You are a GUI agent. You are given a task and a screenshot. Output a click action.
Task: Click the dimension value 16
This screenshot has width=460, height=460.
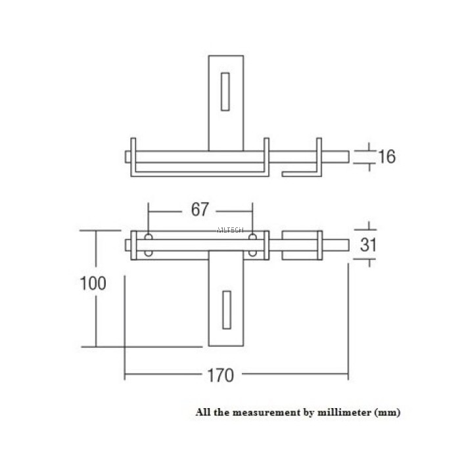[x=387, y=156]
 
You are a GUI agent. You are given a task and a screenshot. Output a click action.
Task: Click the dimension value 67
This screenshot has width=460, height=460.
[x=200, y=210]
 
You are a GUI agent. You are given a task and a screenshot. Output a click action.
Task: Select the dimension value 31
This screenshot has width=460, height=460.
[x=369, y=244]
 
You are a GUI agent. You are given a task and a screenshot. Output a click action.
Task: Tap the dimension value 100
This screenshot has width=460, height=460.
[x=93, y=284]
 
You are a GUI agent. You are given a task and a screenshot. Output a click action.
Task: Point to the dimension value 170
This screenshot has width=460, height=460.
[x=220, y=375]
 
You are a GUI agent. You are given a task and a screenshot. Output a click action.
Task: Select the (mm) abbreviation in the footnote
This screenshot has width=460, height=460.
[x=387, y=413]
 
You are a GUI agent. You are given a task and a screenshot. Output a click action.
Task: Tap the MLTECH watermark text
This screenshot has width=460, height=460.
[x=229, y=231]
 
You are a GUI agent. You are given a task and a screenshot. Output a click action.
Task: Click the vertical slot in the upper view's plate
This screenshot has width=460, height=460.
[x=225, y=91]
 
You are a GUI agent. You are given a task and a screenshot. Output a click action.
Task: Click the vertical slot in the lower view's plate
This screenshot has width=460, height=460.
[x=226, y=309]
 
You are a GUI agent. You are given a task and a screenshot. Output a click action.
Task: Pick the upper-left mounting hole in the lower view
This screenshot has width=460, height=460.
[x=149, y=237]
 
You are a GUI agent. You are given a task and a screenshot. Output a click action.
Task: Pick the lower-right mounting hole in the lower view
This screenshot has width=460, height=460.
[x=252, y=252]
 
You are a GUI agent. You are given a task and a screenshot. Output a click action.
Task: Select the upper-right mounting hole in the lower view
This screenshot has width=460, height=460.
[x=252, y=237]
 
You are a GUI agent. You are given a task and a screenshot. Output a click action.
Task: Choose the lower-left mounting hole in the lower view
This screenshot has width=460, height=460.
[x=149, y=252]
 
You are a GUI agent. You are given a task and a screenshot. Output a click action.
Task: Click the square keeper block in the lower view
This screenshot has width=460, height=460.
[x=300, y=244]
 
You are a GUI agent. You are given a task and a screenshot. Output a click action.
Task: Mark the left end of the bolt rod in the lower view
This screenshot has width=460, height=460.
[x=127, y=244]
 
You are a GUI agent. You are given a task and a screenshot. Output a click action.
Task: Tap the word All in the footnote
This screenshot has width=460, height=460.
[x=202, y=413]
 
